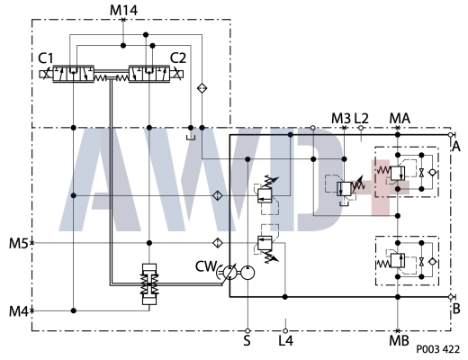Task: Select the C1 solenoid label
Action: [46, 58]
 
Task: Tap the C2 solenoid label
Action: [178, 58]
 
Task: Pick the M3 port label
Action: [340, 118]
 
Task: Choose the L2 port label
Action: [362, 118]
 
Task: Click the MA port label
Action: [399, 118]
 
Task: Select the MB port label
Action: [399, 342]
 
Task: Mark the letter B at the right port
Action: [456, 308]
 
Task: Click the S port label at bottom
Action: [247, 341]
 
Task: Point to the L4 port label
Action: [285, 341]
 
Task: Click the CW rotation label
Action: [206, 266]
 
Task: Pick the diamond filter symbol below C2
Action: [202, 87]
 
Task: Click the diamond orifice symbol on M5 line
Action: [217, 243]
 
